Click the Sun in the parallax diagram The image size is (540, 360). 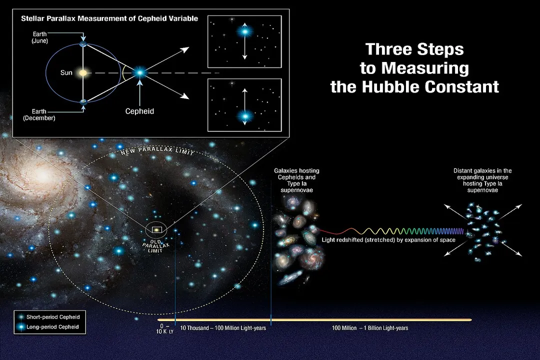click(x=83, y=73)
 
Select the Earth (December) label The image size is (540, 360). click(x=39, y=115)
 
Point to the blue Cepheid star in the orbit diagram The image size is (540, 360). click(x=139, y=73)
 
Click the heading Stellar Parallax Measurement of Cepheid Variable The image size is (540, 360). click(x=109, y=18)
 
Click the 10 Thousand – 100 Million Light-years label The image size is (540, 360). click(x=222, y=328)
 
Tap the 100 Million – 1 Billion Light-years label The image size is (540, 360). click(x=370, y=328)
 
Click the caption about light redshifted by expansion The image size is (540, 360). click(x=388, y=240)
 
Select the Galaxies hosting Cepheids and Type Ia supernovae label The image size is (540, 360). click(x=296, y=180)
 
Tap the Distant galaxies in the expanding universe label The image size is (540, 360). click(x=482, y=180)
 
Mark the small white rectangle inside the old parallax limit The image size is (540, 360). click(x=157, y=230)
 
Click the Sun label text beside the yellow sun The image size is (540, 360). click(x=66, y=73)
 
